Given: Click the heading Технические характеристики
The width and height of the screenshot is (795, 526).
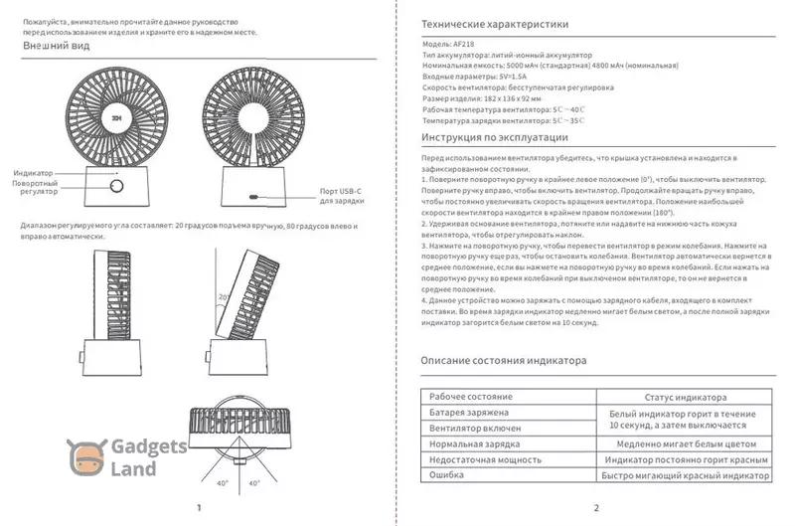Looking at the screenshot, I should [494, 25].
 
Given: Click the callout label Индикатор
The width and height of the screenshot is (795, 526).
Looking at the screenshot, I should [34, 173].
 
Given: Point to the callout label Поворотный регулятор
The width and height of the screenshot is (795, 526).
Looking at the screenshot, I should [36, 188].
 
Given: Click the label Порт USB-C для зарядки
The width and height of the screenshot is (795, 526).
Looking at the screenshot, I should [343, 195].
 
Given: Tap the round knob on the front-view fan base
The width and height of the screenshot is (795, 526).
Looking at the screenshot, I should [116, 186].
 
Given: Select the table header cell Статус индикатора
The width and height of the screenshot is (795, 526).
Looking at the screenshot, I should [686, 396].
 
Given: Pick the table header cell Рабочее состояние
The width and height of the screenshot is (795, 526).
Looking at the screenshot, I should [471, 396].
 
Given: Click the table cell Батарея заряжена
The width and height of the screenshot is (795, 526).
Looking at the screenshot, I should [469, 412].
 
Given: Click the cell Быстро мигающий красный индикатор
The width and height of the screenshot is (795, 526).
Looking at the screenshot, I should [686, 476].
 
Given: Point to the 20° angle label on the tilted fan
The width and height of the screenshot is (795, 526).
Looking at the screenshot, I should [223, 296].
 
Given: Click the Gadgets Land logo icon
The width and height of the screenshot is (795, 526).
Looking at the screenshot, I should [85, 457].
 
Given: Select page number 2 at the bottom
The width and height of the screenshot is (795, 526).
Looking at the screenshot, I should [595, 508].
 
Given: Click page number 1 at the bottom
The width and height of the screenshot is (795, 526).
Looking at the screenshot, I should [200, 508].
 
